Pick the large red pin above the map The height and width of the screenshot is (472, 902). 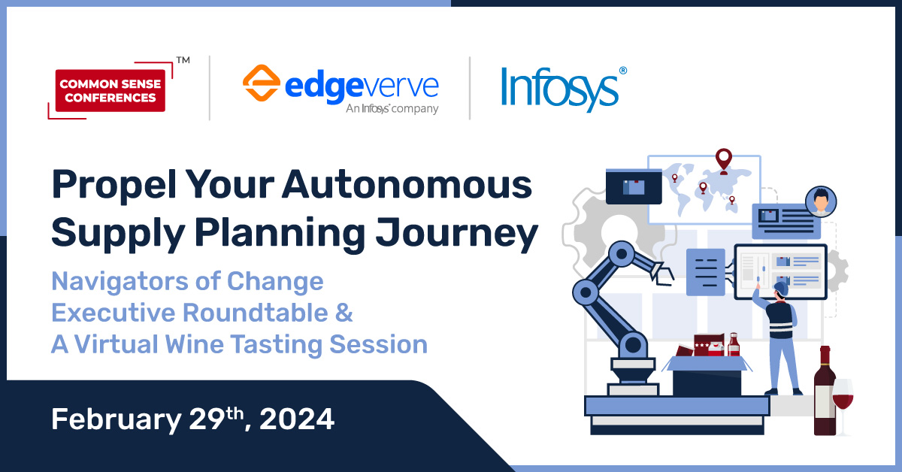point(723,159)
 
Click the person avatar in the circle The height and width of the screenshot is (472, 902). point(820,202)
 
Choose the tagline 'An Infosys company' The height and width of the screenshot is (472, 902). point(392,109)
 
